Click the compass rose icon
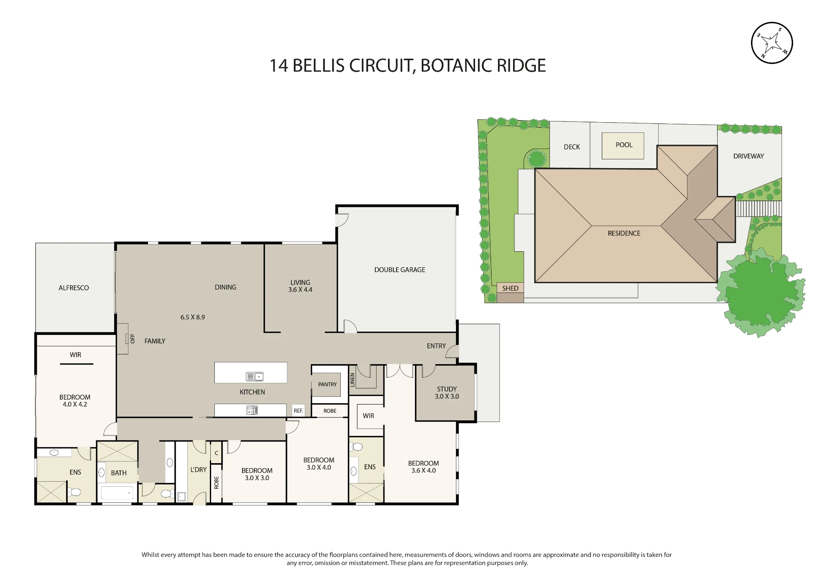click(771, 43)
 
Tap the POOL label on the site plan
click(624, 145)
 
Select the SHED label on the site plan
click(510, 288)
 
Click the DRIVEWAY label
click(749, 156)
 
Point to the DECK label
click(572, 147)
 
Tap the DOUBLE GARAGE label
click(400, 270)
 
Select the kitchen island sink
click(255, 376)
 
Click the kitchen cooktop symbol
click(252, 410)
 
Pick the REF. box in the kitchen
click(298, 411)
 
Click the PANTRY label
click(327, 385)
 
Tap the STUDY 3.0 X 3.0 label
click(447, 393)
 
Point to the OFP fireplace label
click(132, 339)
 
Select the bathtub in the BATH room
click(117, 493)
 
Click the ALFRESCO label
click(74, 288)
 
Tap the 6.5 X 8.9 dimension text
click(193, 317)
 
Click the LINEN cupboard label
click(352, 380)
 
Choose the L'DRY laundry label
click(198, 470)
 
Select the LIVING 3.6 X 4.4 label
click(300, 286)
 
